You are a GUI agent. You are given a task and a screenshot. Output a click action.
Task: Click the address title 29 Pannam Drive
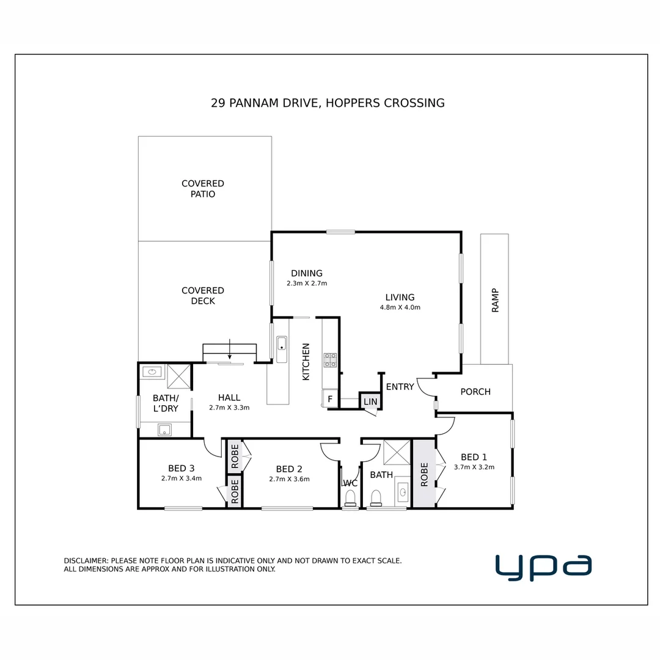[x=328, y=103]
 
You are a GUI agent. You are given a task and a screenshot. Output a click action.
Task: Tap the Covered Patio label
[x=203, y=189]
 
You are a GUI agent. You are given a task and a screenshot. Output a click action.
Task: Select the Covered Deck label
[x=203, y=296]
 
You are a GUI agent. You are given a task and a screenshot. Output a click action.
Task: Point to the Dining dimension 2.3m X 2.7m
[x=307, y=284]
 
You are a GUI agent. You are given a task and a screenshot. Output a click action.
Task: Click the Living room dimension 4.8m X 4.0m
[x=400, y=307]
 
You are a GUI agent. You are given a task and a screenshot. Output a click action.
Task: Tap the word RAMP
[x=495, y=300]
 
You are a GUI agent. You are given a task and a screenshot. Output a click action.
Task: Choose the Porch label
[x=475, y=392]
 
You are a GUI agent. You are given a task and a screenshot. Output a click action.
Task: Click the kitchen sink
[x=281, y=349]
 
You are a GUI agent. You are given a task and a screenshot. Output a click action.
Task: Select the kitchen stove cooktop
[x=330, y=360]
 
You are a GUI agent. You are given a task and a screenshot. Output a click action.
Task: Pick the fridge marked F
[x=330, y=399]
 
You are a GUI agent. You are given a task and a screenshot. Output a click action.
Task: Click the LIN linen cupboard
[x=370, y=402]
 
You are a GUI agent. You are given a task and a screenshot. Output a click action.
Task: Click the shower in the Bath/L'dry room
[x=179, y=376]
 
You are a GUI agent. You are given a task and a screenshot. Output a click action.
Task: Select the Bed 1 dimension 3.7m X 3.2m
[x=474, y=467]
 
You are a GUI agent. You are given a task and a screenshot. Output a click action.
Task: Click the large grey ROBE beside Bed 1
[x=424, y=474]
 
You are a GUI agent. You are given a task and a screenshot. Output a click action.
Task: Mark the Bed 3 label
[x=181, y=469]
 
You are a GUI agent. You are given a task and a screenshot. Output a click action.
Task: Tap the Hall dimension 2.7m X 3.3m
[x=229, y=407]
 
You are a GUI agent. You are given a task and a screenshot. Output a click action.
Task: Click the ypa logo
[x=543, y=566]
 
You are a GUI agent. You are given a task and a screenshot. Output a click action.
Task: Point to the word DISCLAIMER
[x=86, y=560]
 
